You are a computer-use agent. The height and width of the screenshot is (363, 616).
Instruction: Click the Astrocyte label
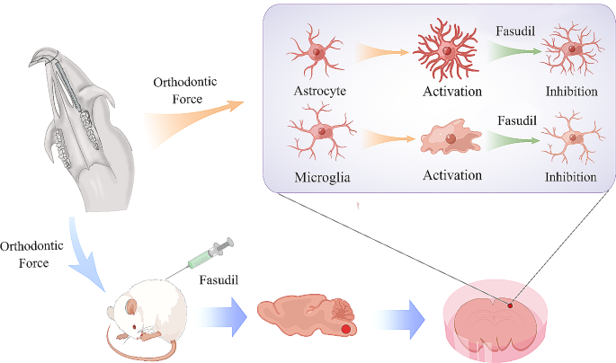pyautogui.click(x=318, y=92)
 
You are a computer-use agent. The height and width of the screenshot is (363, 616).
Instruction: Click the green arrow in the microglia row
pyautogui.click(x=513, y=141)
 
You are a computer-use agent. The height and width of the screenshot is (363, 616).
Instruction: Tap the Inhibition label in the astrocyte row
pyautogui.click(x=570, y=92)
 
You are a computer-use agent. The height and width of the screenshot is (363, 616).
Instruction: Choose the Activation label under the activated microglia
pyautogui.click(x=451, y=174)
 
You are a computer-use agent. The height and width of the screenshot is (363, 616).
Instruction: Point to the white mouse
pyautogui.click(x=149, y=311)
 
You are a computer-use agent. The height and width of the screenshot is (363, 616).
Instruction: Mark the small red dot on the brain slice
pyautogui.click(x=509, y=305)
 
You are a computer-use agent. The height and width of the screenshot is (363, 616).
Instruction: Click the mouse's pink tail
pyautogui.click(x=126, y=346)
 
